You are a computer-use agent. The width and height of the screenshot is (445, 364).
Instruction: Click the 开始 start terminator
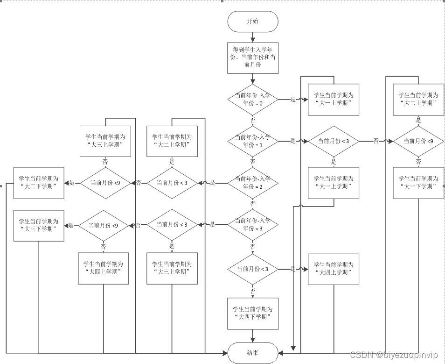click(252, 21)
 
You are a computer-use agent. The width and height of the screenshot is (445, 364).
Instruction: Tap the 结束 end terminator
click(252, 352)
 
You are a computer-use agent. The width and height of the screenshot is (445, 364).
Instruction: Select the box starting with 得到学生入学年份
click(252, 57)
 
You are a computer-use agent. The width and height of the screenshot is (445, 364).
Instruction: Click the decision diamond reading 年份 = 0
click(252, 99)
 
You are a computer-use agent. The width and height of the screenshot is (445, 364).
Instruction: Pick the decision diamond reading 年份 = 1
click(252, 141)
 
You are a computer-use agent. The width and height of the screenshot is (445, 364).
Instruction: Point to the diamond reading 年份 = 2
click(252, 183)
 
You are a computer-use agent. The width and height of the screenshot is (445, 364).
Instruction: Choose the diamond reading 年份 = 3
click(252, 225)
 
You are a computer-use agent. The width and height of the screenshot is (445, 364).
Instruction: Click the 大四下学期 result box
click(252, 314)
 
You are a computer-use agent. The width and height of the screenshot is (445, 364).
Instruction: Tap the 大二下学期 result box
click(39, 182)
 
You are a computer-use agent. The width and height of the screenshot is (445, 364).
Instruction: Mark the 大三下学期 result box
click(39, 225)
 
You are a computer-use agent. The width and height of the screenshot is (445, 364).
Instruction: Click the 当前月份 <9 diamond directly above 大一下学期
click(418, 141)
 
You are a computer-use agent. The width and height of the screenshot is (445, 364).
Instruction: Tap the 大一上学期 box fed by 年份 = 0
click(333, 99)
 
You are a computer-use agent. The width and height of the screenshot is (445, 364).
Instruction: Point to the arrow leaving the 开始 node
click(252, 36)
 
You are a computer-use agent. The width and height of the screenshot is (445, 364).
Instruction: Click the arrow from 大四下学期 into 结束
click(252, 335)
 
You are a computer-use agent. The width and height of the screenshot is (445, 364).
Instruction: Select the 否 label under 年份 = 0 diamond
click(252, 120)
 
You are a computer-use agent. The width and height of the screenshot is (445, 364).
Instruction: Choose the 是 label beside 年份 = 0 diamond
click(293, 99)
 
